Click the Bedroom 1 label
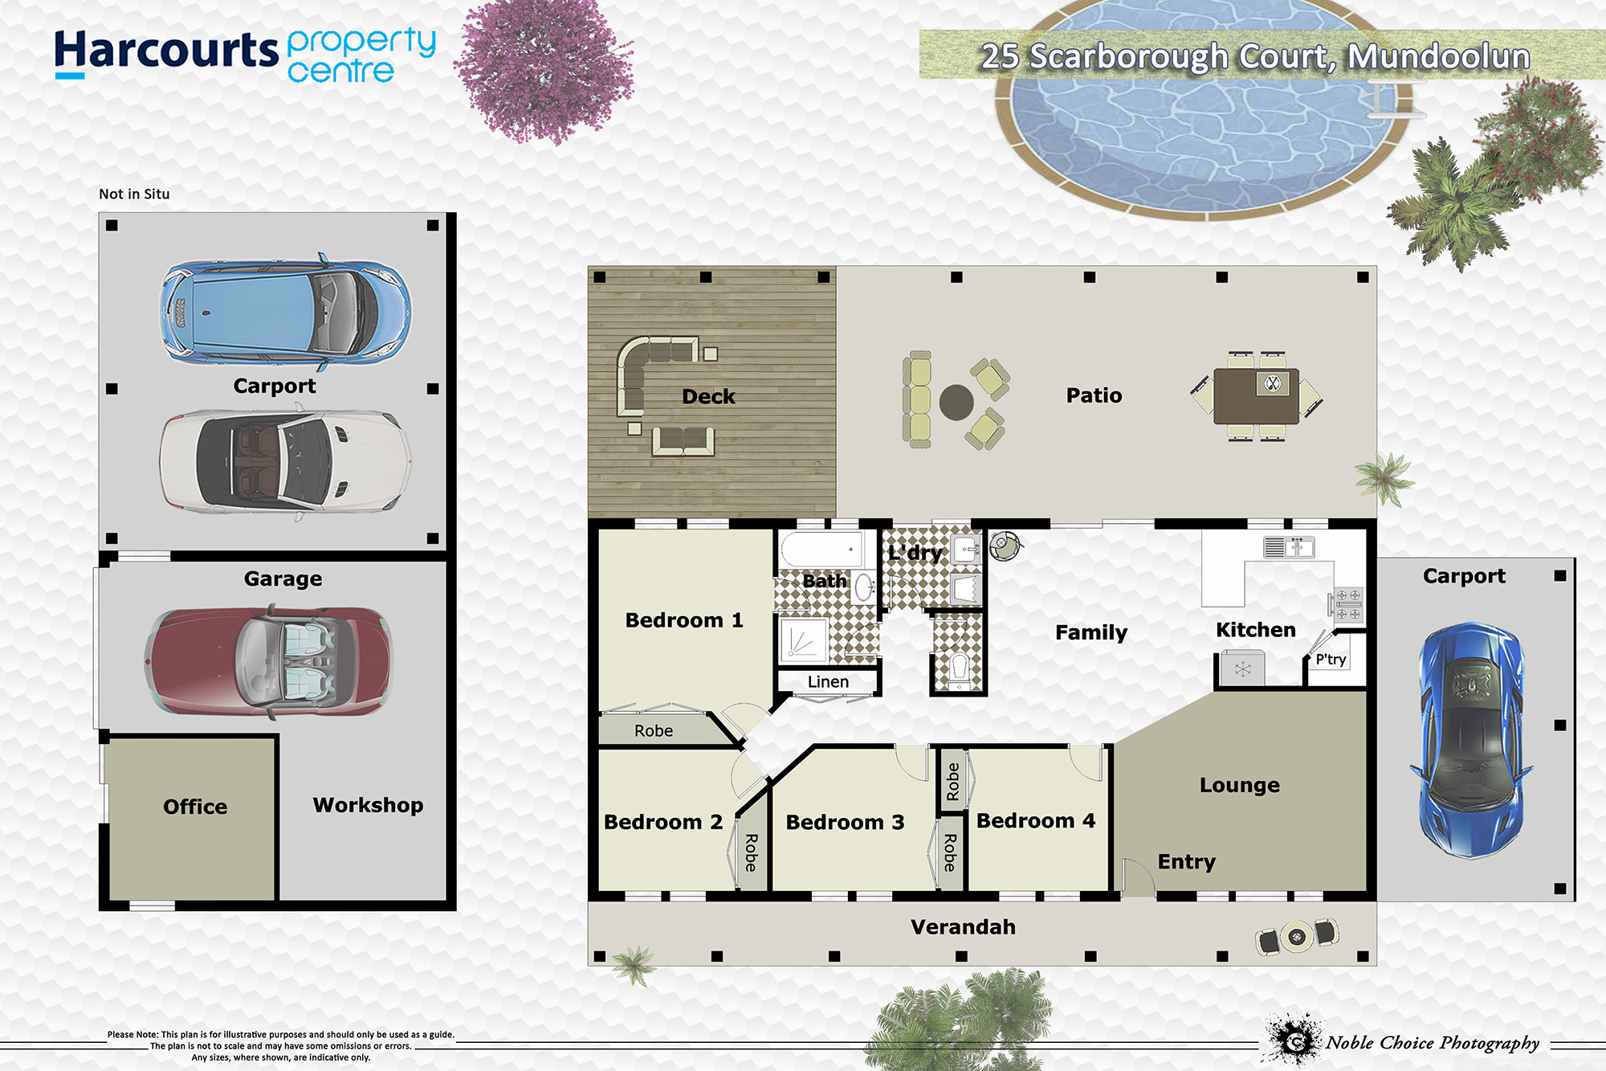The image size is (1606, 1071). tap(684, 620)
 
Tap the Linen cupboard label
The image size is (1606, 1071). tap(828, 682)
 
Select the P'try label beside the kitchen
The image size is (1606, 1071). tap(1331, 660)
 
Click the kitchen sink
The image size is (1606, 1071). tap(1289, 547)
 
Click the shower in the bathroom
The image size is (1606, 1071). tap(803, 640)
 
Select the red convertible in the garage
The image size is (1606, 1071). tap(269, 662)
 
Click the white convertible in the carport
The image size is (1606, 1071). tap(285, 461)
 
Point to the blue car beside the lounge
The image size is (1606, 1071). tap(1471, 739)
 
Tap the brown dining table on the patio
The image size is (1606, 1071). tap(1257, 396)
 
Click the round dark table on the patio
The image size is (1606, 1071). tap(956, 402)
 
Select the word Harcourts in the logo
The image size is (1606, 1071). tap(166, 52)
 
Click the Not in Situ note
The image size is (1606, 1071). tap(134, 194)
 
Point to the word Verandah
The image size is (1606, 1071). tap(963, 927)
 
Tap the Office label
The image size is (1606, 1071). tap(195, 807)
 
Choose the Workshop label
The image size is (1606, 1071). tap(368, 805)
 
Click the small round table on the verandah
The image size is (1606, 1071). tap(1297, 935)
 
